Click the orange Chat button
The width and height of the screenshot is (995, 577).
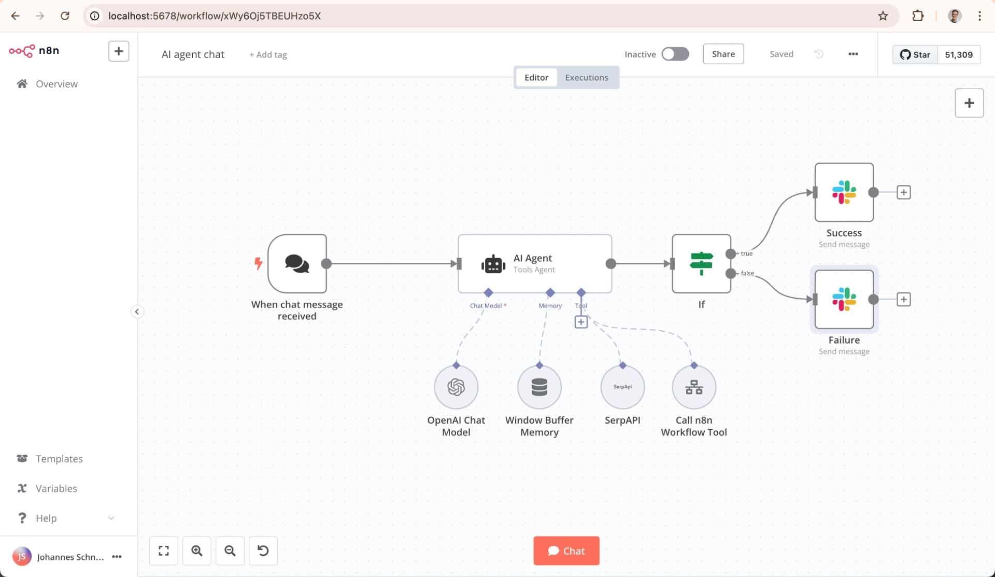click(566, 551)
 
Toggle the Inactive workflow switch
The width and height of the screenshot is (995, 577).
click(675, 54)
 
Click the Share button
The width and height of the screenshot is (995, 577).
click(723, 54)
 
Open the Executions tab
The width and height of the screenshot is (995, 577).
click(586, 77)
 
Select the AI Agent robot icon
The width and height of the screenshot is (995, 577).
click(493, 264)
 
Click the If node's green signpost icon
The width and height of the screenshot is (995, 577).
click(701, 263)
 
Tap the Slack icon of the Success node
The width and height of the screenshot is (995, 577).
click(844, 192)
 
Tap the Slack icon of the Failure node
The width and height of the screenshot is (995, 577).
click(844, 299)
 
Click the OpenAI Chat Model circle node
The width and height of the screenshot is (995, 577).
click(456, 387)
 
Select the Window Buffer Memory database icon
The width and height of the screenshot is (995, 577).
click(539, 387)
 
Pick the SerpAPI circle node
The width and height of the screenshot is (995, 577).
click(622, 387)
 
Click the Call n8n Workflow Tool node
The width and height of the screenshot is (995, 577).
click(694, 387)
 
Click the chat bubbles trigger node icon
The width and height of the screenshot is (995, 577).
click(297, 263)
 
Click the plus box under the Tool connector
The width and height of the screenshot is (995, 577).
click(581, 322)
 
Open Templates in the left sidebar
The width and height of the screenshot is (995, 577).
click(59, 459)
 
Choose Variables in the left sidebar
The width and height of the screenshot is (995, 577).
click(56, 488)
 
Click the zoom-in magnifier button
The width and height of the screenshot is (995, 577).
click(197, 551)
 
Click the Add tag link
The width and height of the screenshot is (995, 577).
click(268, 54)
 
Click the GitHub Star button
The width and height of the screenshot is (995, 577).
click(915, 54)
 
